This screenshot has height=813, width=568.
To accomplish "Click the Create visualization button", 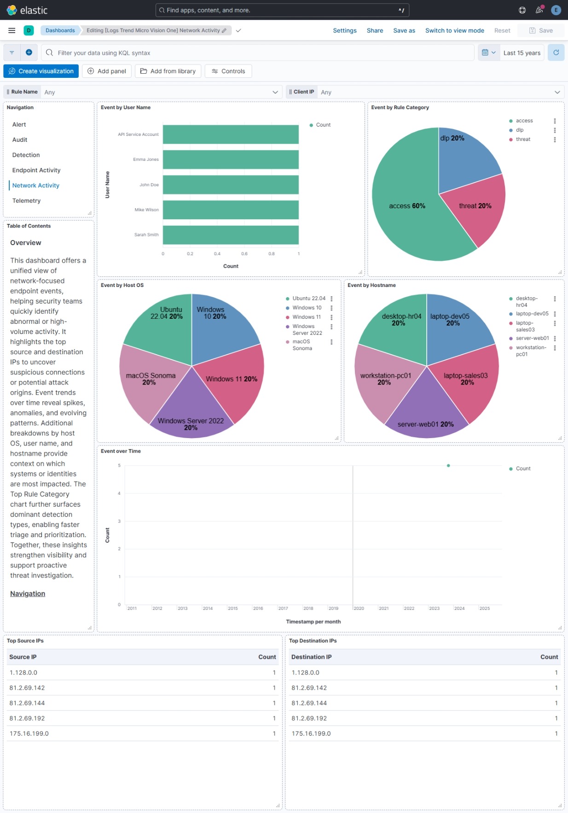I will coord(41,71).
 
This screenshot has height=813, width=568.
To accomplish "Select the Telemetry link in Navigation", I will coord(26,200).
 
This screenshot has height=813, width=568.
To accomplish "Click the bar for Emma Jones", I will coord(230,159).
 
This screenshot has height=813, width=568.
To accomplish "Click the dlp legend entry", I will coord(520,130).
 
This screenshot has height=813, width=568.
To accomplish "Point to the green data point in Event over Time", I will coord(448,465).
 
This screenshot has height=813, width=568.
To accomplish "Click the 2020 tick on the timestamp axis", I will coord(359,608).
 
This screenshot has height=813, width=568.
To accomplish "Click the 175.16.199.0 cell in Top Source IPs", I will coord(29,733).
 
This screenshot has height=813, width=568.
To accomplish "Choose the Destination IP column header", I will coord(311,657).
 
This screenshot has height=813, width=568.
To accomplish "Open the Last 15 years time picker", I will coord(522,53).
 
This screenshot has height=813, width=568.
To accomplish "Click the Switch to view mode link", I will coord(454,30).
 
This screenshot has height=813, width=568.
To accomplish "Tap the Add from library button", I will coord(168,71).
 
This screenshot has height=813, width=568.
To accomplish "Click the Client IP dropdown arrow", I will coord(557,92).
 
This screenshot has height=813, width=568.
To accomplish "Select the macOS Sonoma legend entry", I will coord(301,345).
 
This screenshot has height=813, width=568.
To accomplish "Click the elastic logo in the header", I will coord(27,10).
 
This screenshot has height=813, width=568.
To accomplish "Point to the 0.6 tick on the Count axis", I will coord(244,254).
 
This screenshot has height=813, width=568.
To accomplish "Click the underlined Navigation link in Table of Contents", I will coord(28,593).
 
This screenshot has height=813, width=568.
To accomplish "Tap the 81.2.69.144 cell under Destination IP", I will coord(309,703).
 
